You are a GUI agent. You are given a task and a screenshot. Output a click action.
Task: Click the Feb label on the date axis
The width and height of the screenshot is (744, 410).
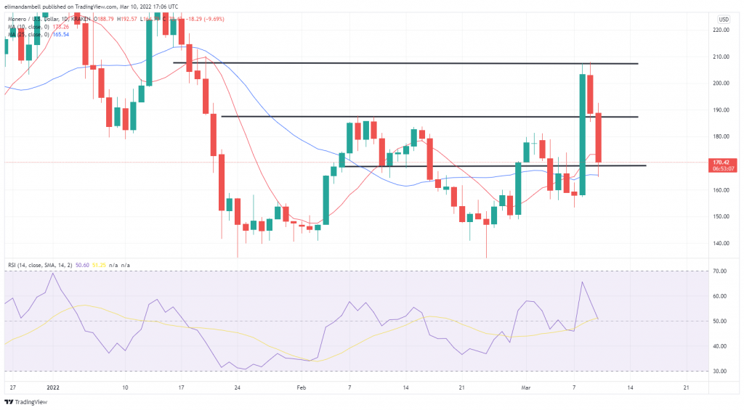pyautogui.click(x=302, y=388)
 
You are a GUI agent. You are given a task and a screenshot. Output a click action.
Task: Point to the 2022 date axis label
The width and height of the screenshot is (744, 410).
pyautogui.click(x=53, y=388)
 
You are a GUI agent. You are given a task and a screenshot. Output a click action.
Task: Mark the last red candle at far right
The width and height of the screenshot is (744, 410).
pyautogui.click(x=599, y=137)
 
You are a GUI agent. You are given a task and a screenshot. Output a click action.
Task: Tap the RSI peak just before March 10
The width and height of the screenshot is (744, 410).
pyautogui.click(x=583, y=282)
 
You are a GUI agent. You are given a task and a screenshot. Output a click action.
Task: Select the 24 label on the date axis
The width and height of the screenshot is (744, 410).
pyautogui.click(x=238, y=388)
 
